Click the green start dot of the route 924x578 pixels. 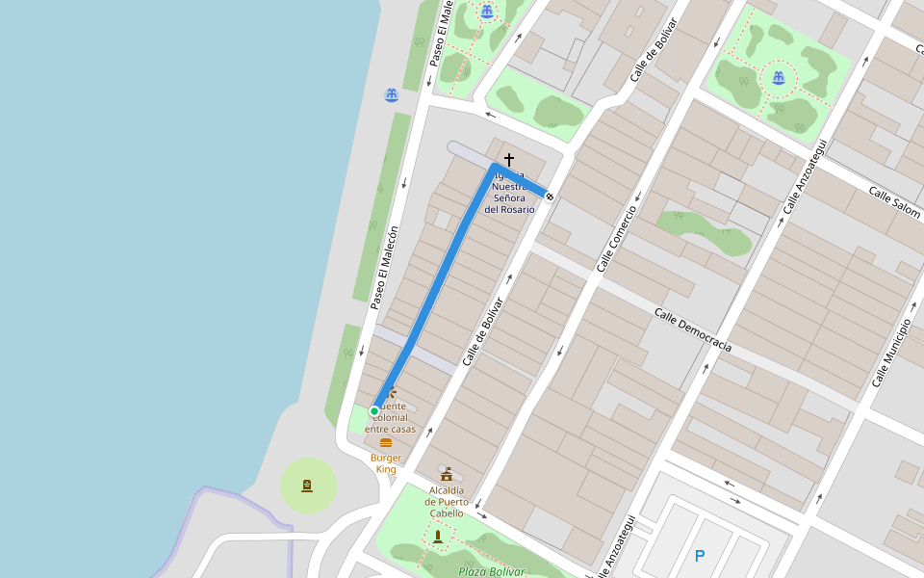(x=374, y=411)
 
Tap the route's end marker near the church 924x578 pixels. (x=549, y=197)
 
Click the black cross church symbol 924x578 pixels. (x=509, y=159)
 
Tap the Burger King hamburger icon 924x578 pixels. (x=386, y=442)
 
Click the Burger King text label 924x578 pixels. (x=386, y=463)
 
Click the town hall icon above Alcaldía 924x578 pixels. (x=447, y=474)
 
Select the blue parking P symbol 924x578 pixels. (x=700, y=556)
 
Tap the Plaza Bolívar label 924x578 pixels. (x=492, y=571)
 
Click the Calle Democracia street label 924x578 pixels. (x=693, y=329)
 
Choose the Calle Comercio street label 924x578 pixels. (x=617, y=238)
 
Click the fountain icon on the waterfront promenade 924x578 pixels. (x=392, y=95)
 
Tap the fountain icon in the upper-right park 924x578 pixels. (x=778, y=77)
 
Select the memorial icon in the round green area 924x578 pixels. (x=307, y=485)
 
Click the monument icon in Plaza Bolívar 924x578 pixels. (x=438, y=536)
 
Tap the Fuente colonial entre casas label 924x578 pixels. (x=391, y=417)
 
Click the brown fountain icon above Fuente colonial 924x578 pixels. (x=392, y=393)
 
